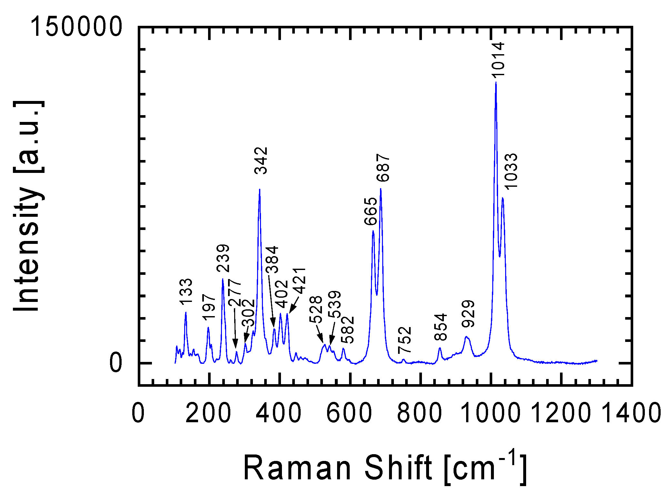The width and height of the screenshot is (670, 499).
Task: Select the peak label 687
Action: [x=383, y=168]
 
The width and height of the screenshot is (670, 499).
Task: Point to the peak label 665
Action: [x=370, y=211]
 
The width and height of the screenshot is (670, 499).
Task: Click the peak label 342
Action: [x=261, y=161]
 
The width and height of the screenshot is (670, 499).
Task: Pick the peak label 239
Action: [x=223, y=258]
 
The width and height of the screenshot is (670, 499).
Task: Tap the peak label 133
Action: [x=186, y=292]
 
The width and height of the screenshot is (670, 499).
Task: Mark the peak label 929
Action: [x=468, y=314]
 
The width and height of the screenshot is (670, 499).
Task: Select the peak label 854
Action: [x=440, y=327]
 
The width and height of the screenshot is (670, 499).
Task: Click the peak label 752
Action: [x=405, y=340]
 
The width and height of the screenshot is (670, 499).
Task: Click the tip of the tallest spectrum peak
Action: [x=496, y=83]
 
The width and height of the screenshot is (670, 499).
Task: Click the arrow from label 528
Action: [x=319, y=334]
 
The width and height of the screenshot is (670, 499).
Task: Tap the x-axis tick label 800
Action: [x=419, y=413]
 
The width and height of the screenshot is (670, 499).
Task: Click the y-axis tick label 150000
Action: [x=76, y=26]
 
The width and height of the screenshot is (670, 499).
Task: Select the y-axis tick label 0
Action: [x=115, y=363]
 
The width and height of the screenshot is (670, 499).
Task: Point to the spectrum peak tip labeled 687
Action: [x=381, y=189]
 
